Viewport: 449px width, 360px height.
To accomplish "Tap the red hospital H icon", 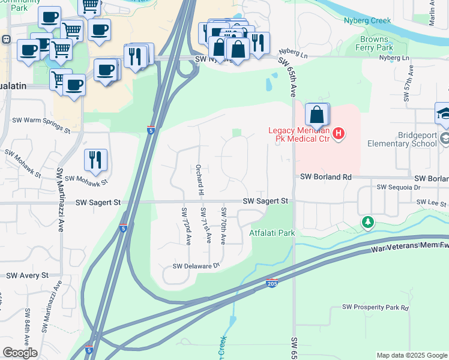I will [339, 133].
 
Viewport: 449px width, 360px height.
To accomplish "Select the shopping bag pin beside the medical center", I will [317, 115].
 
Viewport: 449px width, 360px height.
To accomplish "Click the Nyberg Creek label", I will [367, 20].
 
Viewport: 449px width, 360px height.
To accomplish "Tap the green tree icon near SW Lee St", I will [367, 223].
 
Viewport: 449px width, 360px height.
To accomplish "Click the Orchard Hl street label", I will [200, 179].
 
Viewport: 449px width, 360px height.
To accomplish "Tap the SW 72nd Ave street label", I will [187, 226].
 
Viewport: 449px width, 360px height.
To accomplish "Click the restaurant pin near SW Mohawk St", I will [95, 160].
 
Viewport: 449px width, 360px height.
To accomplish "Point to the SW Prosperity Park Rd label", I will [375, 307].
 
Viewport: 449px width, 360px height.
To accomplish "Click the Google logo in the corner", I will [20, 353].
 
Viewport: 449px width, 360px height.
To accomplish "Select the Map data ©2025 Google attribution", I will [411, 355].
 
